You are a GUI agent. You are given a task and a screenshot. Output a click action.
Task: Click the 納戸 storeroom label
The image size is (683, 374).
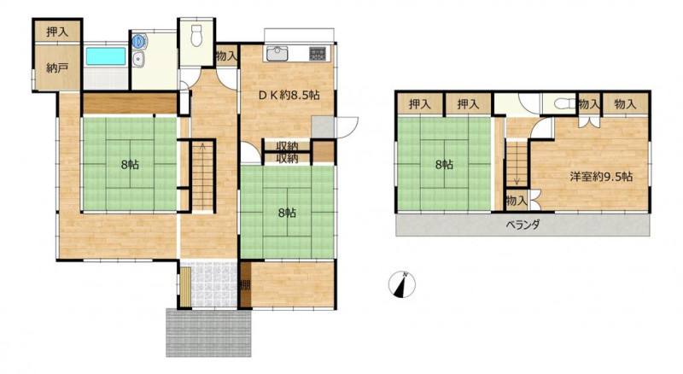pyautogui.click(x=57, y=68)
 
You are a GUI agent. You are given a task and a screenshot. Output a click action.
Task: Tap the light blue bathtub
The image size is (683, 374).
pyautogui.click(x=105, y=56)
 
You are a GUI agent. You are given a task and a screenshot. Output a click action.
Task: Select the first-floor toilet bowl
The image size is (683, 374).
pyautogui.click(x=197, y=35)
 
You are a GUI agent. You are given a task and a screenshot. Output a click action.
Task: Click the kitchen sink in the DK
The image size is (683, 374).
pyautogui.click(x=277, y=55)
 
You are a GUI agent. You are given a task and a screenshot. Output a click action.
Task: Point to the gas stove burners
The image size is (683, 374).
pyautogui.click(x=318, y=53)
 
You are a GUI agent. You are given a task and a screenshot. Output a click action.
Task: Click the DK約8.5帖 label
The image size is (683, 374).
pyautogui.click(x=289, y=96)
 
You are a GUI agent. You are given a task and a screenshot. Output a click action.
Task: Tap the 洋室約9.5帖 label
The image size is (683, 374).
pyautogui.click(x=602, y=177)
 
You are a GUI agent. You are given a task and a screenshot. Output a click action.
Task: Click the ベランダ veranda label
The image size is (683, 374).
pyautogui.click(x=522, y=225)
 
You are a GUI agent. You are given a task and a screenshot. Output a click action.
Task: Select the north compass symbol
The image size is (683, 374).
pyautogui.click(x=401, y=284)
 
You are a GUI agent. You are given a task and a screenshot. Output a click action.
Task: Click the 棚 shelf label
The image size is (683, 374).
pyautogui.click(x=245, y=285)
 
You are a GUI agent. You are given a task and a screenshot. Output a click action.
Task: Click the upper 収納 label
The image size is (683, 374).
pyautogui.click(x=287, y=146)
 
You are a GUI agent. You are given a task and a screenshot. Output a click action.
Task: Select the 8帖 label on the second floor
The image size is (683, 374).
pyautogui.click(x=444, y=165)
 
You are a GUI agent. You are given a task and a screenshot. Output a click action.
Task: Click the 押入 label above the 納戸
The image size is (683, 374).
pyautogui.click(x=57, y=32)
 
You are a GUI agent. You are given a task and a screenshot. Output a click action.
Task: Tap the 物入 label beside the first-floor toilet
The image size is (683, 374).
pyautogui.click(x=226, y=56)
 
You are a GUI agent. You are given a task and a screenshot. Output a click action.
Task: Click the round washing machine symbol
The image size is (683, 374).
pyautogui.click(x=138, y=41)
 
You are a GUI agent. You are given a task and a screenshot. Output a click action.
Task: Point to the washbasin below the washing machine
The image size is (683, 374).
pyautogui.click(x=138, y=59)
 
